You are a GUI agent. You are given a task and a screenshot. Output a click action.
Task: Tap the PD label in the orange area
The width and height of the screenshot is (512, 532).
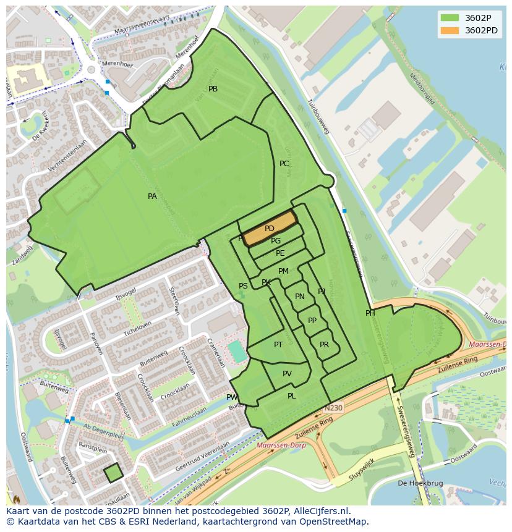(x=269, y=229)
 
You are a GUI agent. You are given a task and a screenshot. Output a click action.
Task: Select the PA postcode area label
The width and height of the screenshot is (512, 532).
(x=152, y=196)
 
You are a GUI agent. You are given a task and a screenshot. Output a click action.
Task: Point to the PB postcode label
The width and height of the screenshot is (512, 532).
(x=213, y=89)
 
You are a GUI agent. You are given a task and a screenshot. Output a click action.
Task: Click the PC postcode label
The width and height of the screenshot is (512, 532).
(x=284, y=164)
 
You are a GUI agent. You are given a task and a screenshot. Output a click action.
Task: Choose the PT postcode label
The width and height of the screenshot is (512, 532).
(x=278, y=345)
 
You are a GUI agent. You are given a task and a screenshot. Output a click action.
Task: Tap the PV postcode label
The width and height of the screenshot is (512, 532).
(x=287, y=374)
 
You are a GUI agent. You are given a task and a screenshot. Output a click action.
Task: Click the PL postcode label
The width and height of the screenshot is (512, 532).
(x=291, y=396)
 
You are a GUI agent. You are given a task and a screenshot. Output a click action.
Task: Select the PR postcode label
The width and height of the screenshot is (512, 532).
(x=324, y=345)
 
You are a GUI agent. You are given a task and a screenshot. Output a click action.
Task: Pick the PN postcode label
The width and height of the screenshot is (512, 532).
(x=300, y=297)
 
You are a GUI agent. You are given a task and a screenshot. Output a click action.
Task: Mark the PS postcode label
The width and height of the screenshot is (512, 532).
(x=243, y=286)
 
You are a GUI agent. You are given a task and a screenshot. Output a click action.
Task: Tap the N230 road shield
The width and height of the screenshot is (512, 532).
(x=333, y=408)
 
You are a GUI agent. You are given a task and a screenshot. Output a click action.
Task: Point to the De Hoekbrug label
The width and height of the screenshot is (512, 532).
(x=414, y=483)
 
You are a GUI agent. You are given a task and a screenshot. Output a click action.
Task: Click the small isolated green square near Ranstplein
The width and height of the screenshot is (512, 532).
(x=113, y=473)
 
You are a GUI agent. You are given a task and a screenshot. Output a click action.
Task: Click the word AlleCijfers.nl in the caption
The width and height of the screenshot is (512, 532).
(x=321, y=511)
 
